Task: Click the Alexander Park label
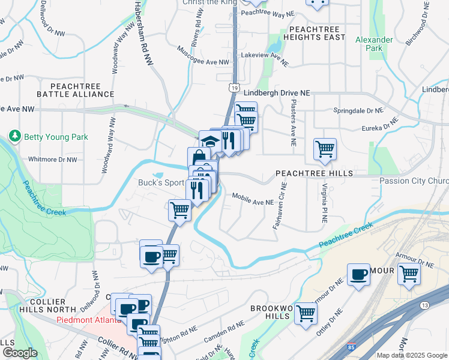(x=373, y=44)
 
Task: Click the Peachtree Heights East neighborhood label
(x=317, y=33)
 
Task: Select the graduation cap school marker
(x=209, y=142)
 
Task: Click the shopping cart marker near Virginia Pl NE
(x=325, y=149)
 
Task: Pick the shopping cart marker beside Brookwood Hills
(x=306, y=313)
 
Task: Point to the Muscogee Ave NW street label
(x=203, y=62)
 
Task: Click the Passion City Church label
(x=415, y=181)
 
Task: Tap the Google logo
(x=19, y=353)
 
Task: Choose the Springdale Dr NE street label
(x=358, y=111)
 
